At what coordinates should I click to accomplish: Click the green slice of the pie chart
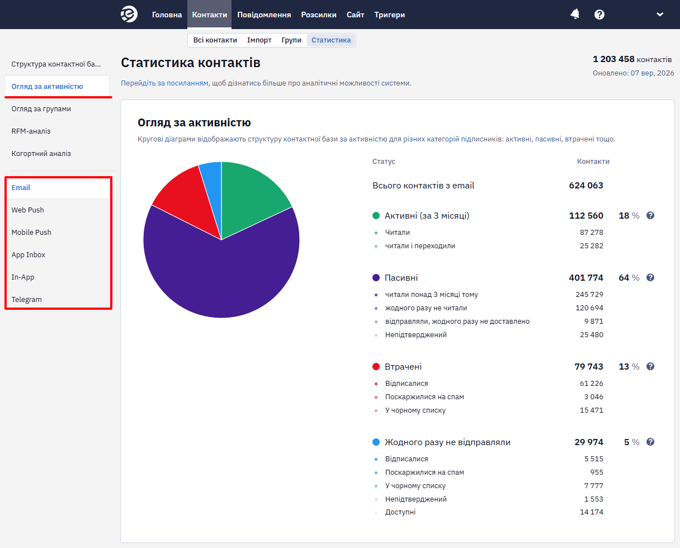pyautogui.click(x=249, y=196)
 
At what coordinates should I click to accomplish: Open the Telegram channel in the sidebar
pyautogui.click(x=26, y=299)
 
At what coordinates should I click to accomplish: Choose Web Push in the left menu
pyautogui.click(x=27, y=210)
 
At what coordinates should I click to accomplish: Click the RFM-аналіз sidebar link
pyautogui.click(x=31, y=131)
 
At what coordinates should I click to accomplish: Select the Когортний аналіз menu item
pyautogui.click(x=41, y=154)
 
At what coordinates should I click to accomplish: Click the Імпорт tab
pyautogui.click(x=259, y=40)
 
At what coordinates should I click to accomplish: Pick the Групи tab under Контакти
pyautogui.click(x=291, y=40)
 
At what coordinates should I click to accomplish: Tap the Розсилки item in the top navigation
pyautogui.click(x=319, y=15)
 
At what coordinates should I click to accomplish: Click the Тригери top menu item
pyautogui.click(x=389, y=15)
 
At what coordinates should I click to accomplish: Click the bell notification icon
pyautogui.click(x=575, y=14)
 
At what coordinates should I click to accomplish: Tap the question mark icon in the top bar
pyautogui.click(x=599, y=15)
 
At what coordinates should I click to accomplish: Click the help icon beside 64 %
pyautogui.click(x=650, y=277)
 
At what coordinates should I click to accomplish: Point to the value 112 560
pyautogui.click(x=586, y=215)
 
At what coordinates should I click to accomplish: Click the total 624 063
pyautogui.click(x=586, y=186)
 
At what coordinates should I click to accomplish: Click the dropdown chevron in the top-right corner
pyautogui.click(x=660, y=14)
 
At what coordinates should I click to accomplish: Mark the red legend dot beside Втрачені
pyautogui.click(x=376, y=367)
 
